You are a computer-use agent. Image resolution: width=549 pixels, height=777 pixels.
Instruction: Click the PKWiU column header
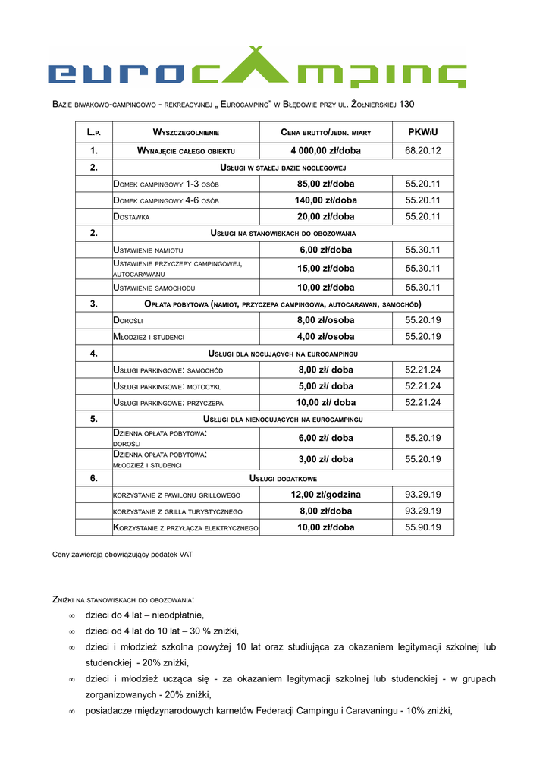click(x=422, y=132)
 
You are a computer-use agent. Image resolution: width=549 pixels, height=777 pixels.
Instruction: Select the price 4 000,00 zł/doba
click(x=325, y=150)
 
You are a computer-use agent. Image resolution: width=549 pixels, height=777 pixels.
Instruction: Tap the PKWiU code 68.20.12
click(x=422, y=150)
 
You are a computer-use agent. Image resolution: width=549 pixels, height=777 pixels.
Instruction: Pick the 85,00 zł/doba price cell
click(x=325, y=184)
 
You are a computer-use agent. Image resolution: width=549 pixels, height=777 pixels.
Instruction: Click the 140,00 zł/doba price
click(x=325, y=200)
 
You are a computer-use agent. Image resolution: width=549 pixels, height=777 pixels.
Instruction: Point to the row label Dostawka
click(x=131, y=217)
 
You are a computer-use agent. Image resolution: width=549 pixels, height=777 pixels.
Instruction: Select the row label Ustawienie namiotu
click(x=147, y=250)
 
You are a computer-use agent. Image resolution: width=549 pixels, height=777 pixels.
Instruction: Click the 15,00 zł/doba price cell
click(x=325, y=269)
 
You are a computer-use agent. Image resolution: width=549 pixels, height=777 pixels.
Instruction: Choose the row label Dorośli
click(x=128, y=320)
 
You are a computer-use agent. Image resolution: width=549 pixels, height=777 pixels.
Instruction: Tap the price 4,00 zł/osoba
click(x=325, y=336)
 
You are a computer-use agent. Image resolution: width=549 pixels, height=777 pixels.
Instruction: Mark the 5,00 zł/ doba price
click(x=325, y=386)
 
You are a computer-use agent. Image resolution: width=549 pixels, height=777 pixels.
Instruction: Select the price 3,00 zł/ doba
click(x=325, y=459)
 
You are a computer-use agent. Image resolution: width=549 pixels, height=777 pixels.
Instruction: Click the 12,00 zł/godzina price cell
click(x=325, y=495)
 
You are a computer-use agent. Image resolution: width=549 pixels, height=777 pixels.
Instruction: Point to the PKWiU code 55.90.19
click(x=422, y=527)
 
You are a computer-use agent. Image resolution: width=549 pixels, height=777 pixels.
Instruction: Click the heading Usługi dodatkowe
click(x=283, y=479)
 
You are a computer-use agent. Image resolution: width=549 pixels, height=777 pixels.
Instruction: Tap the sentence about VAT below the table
click(x=122, y=555)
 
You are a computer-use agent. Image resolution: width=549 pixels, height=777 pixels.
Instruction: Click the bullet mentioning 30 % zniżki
click(x=162, y=631)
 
